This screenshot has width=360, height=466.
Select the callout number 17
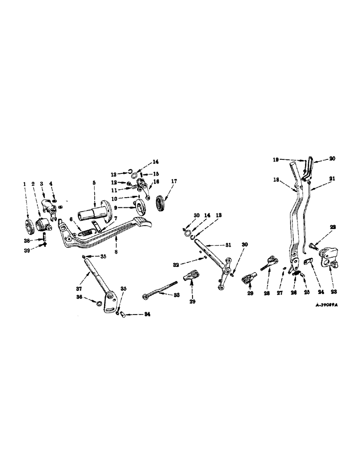(x=174, y=181)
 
